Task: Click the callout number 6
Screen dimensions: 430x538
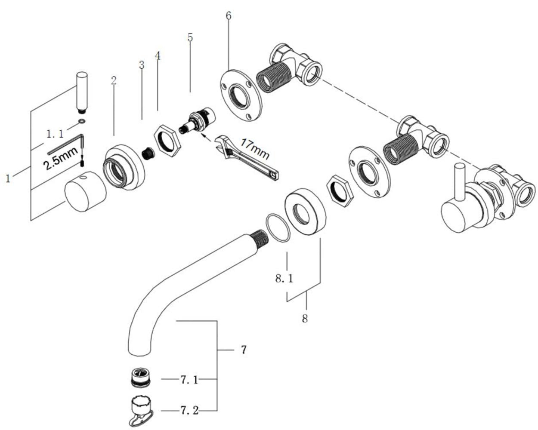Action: [228, 16]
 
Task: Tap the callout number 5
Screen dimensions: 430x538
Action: [190, 37]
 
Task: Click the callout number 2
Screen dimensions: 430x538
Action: [114, 80]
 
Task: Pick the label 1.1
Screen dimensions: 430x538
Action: [55, 134]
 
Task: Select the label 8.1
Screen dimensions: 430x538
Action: [284, 279]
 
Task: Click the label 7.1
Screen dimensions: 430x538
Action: [189, 380]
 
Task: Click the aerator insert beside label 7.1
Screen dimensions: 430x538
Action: [140, 377]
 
